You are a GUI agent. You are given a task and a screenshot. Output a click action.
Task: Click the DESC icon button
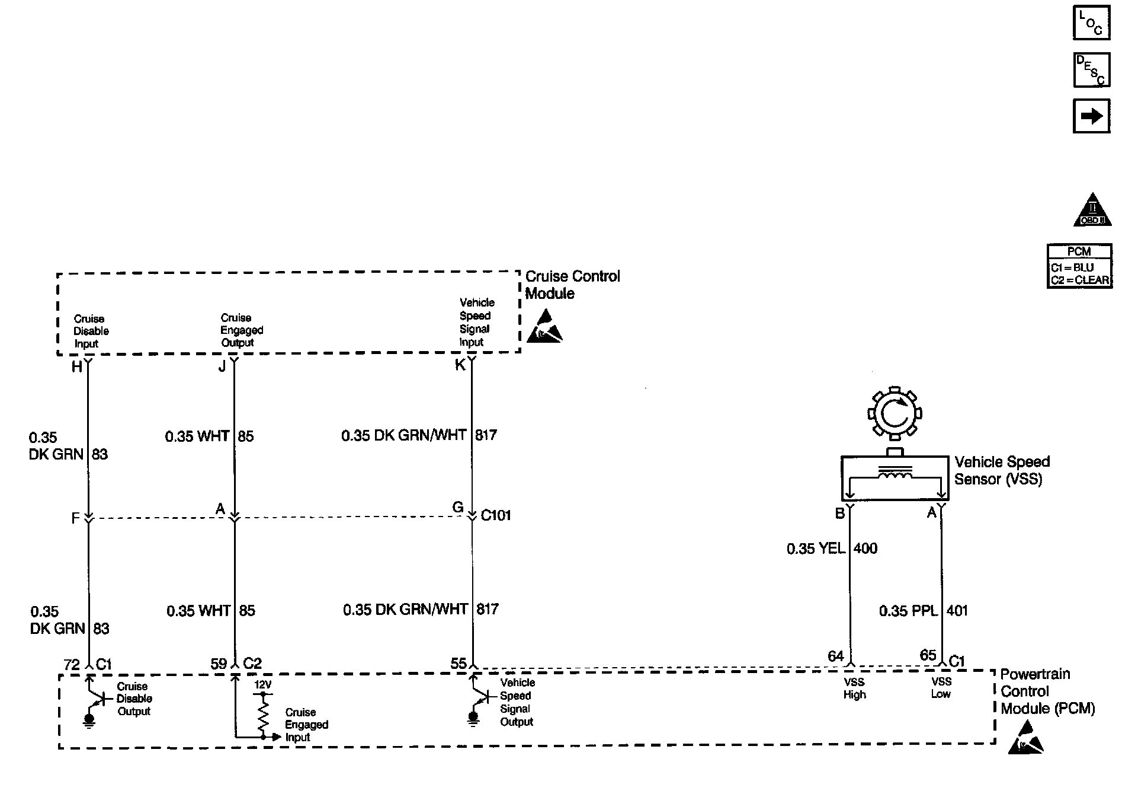tap(1091, 70)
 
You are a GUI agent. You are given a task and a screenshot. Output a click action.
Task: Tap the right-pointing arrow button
tap(1091, 116)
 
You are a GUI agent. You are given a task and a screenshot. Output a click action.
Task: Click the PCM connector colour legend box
tap(1079, 266)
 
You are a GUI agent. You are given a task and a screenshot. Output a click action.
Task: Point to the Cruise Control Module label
tap(572, 285)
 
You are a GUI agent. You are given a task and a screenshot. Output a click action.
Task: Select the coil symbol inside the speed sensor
tap(895, 476)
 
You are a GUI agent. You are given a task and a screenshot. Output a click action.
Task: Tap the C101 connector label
tap(495, 515)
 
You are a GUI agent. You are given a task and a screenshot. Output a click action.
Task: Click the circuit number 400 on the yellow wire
tap(865, 549)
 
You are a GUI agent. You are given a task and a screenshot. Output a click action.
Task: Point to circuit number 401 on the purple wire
tap(957, 610)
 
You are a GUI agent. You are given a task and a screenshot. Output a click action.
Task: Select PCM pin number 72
tap(72, 665)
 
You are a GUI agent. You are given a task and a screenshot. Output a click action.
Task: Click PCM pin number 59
tap(219, 664)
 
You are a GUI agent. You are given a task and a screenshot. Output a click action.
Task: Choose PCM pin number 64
tap(835, 656)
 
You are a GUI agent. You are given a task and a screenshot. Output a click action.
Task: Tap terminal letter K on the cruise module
tap(460, 365)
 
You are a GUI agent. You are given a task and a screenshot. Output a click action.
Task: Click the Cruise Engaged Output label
tap(241, 330)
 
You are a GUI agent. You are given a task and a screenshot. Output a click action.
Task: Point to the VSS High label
tap(854, 688)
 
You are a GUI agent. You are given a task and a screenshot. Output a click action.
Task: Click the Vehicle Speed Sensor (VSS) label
tap(1001, 470)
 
